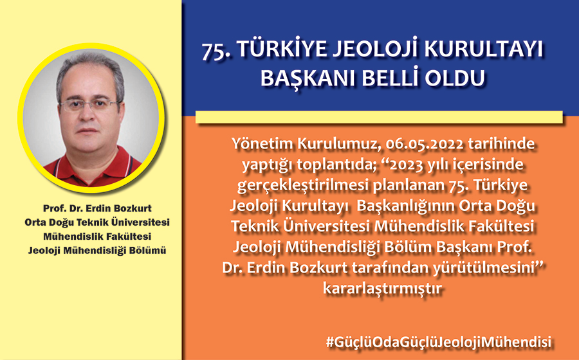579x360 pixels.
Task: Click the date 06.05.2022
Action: tap(424, 143)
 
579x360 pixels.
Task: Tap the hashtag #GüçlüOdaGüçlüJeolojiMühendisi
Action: tap(438, 341)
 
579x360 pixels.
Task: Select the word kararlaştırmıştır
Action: tap(381, 288)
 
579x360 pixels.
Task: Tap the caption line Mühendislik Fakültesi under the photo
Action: tap(97, 236)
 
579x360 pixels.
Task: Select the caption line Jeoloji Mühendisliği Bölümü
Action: tap(97, 251)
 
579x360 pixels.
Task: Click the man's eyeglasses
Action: tap(89, 105)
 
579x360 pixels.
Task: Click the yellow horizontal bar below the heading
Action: tap(379, 117)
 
